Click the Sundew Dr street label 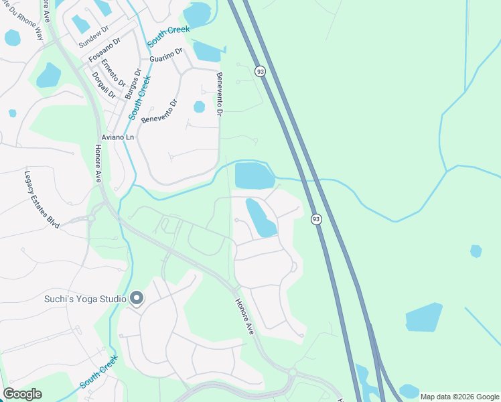click(93, 40)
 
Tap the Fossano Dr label click(106, 51)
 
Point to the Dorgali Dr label click(104, 85)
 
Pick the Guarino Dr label click(167, 56)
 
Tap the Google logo click(22, 394)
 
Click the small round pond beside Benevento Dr click(199, 107)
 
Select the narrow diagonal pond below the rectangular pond click(261, 217)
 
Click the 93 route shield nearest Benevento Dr click(259, 70)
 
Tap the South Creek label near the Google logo click(99, 371)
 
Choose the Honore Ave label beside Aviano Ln click(98, 163)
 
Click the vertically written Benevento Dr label click(218, 94)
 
